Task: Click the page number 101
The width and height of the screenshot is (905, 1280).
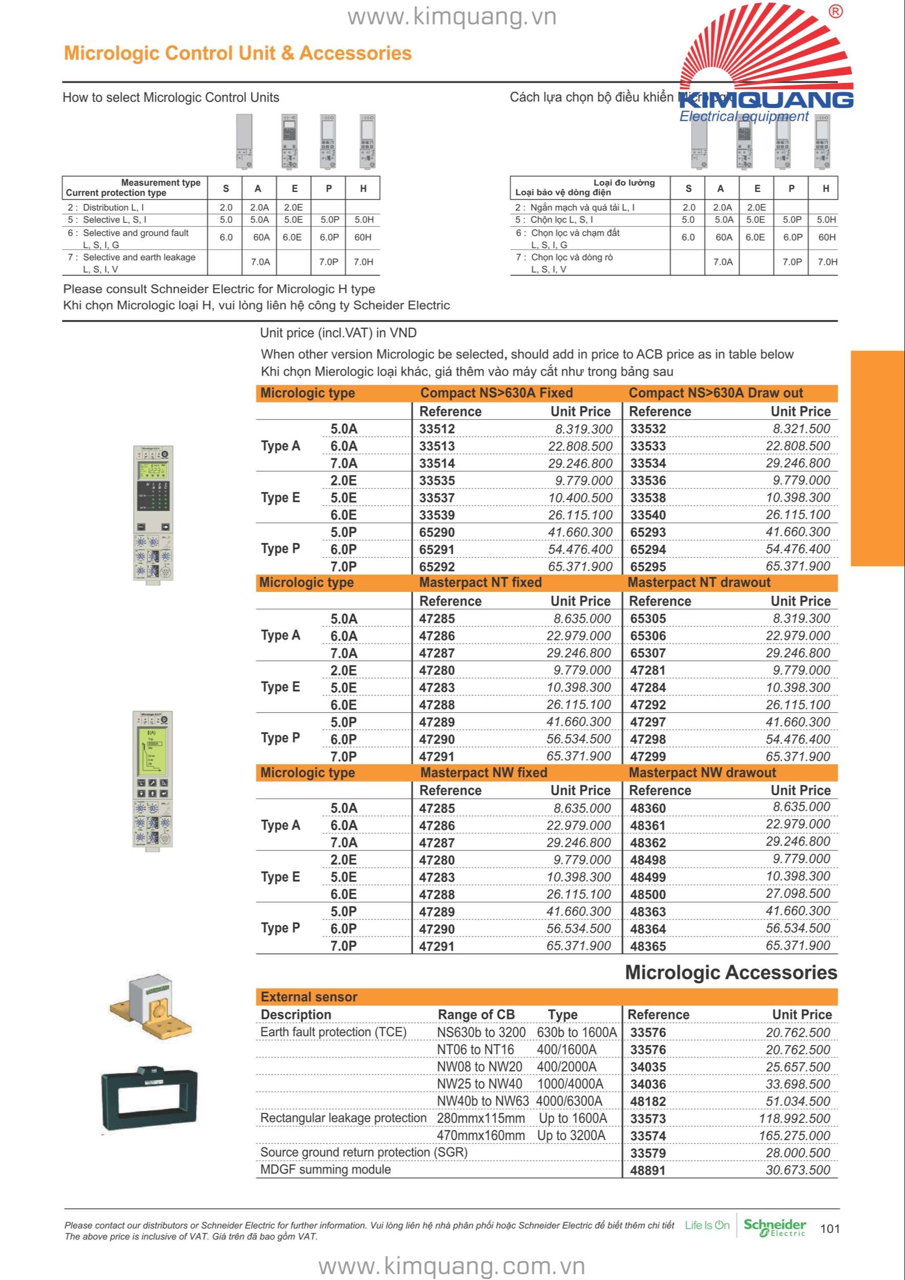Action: click(830, 1228)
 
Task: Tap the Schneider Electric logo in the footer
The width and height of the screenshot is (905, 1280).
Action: click(774, 1228)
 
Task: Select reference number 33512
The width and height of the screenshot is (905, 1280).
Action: click(437, 429)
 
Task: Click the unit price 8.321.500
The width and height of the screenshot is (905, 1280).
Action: click(801, 429)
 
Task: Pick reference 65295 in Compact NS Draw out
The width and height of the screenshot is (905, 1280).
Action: click(648, 566)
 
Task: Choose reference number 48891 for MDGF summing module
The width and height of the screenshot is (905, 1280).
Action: click(648, 1170)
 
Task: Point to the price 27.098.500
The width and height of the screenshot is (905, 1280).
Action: click(798, 893)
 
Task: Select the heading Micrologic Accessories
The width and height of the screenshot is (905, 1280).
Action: click(730, 973)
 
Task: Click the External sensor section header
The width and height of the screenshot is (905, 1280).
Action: click(309, 997)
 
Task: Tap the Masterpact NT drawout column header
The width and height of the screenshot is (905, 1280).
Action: click(699, 583)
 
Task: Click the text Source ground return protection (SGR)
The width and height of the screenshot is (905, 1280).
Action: click(364, 1153)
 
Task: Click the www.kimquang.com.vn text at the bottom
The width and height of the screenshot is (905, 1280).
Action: click(452, 1266)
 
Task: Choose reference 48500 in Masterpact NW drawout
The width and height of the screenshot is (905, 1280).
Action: click(648, 895)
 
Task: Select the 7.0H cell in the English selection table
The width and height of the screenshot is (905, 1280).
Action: click(363, 262)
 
